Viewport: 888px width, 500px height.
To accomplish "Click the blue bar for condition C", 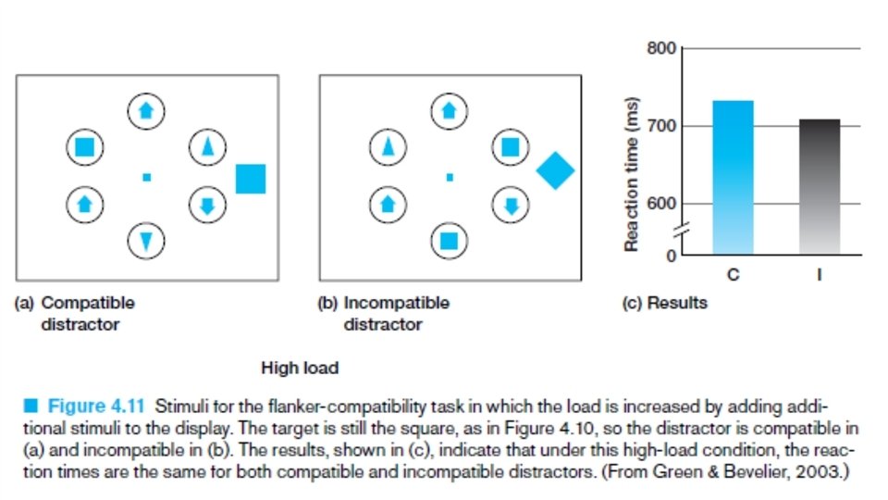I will [734, 176].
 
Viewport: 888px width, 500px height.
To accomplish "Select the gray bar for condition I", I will [820, 185].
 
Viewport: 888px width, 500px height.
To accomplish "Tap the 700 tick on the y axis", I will [661, 125].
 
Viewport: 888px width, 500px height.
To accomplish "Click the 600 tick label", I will [661, 204].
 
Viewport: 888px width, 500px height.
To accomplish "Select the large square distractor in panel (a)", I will [251, 179].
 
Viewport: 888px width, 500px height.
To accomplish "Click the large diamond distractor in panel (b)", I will [555, 170].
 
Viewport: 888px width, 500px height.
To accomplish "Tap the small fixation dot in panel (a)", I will [146, 177].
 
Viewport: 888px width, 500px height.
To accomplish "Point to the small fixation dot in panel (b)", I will [450, 177].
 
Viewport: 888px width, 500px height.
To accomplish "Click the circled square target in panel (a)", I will [84, 146].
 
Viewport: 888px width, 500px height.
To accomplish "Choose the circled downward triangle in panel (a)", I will [146, 240].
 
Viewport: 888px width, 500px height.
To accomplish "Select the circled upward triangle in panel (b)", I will [388, 146].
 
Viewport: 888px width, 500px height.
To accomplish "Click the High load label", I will [300, 368].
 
